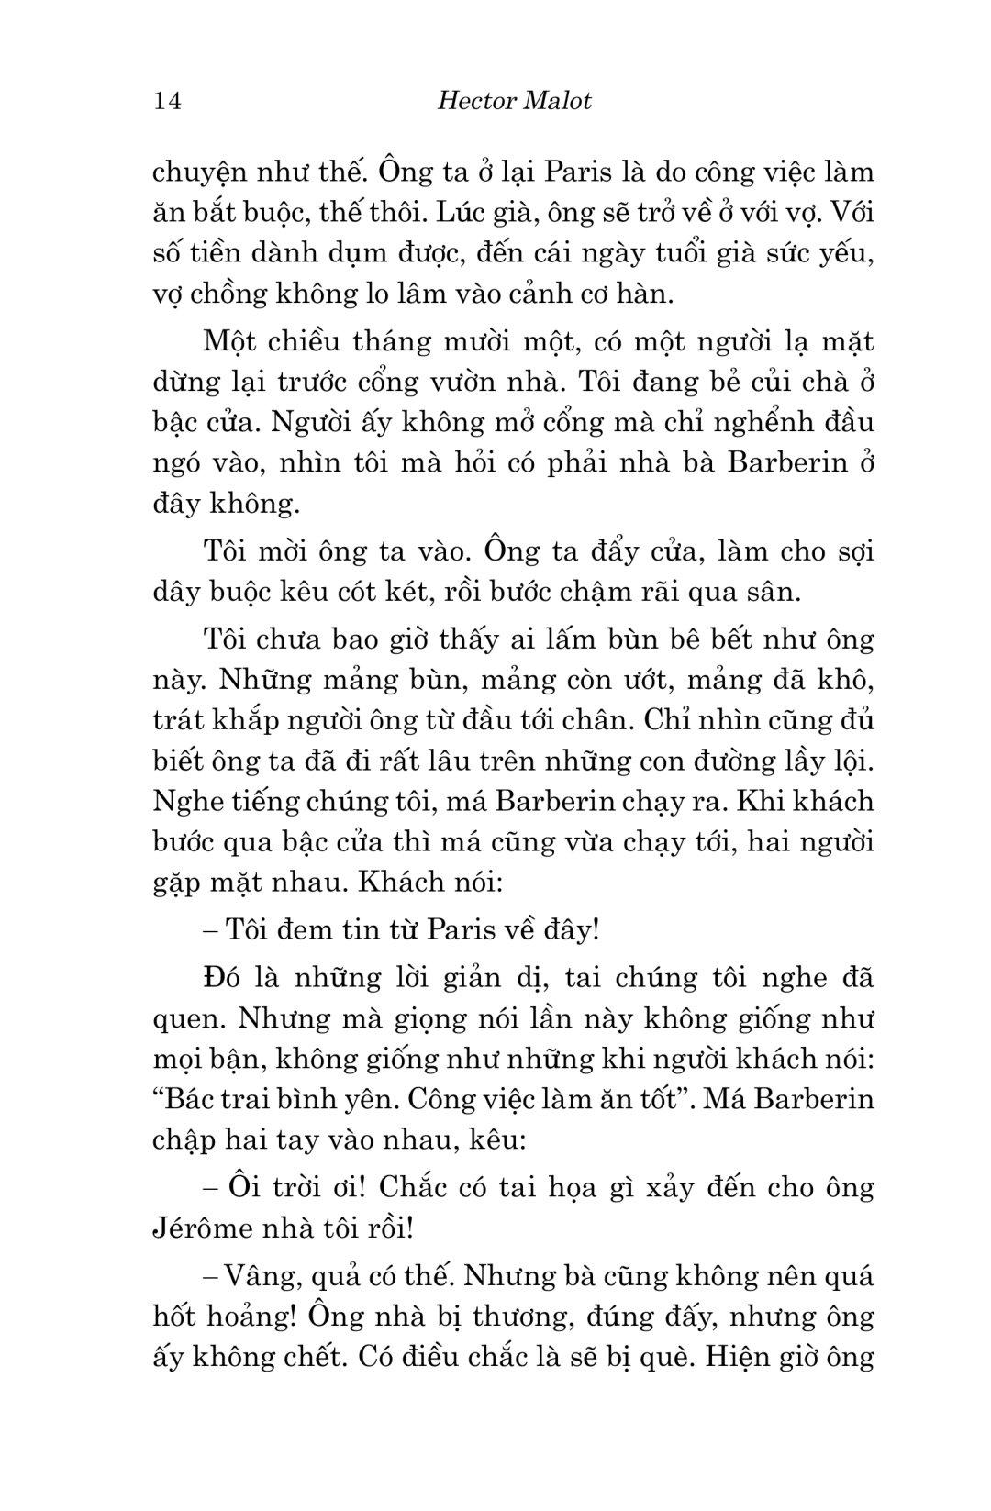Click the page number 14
pos(168,100)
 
